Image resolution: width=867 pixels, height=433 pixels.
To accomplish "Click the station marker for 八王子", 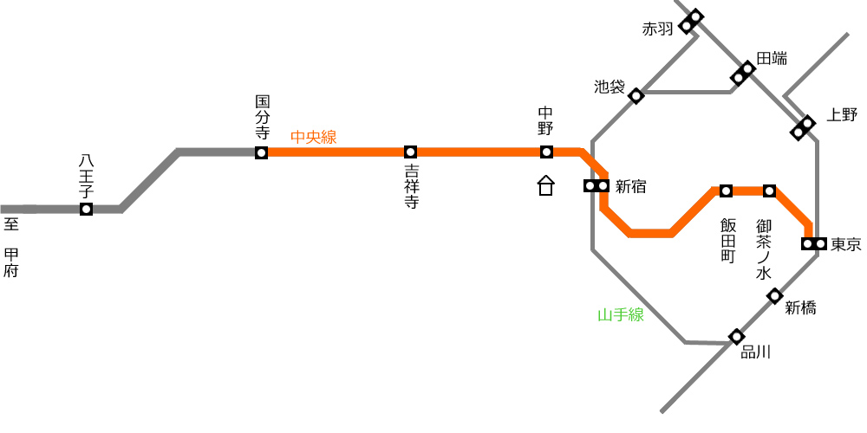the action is click(x=86, y=210).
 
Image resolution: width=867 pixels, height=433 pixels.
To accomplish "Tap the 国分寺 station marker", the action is click(x=262, y=152).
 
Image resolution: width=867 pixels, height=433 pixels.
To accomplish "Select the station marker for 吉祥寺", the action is click(x=410, y=152).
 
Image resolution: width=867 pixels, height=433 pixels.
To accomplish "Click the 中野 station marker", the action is click(x=546, y=152).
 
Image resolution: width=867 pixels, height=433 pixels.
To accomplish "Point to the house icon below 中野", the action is click(x=545, y=185).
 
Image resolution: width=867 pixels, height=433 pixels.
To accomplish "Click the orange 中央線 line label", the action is click(x=314, y=137).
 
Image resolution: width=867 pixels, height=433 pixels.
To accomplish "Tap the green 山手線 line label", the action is click(x=621, y=315).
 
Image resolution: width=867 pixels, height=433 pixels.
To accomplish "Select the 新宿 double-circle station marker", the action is click(x=596, y=186).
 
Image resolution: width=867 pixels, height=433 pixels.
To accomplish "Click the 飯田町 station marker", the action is click(x=726, y=191).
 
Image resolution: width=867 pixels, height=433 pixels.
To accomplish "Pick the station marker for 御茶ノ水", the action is click(x=770, y=191).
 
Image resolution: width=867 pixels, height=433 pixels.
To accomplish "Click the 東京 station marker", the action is click(x=814, y=243).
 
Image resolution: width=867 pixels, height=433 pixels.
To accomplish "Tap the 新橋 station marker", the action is click(x=774, y=296).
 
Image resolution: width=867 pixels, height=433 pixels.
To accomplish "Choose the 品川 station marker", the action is click(x=736, y=336).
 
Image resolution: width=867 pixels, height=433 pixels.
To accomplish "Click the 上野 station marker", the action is click(x=803, y=127).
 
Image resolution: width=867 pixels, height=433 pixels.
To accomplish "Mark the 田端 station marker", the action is click(x=743, y=74).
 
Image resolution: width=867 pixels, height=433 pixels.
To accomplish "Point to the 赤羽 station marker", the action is click(x=691, y=22).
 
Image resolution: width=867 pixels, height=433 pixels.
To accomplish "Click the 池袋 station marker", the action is click(x=636, y=96).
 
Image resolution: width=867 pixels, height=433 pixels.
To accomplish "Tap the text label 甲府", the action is click(x=11, y=263).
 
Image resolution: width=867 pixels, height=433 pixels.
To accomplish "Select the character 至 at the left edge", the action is click(x=11, y=224).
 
